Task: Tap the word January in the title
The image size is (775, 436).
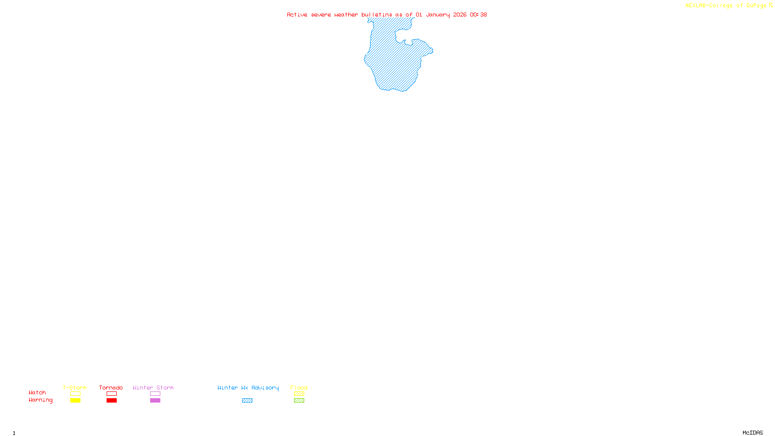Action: pyautogui.click(x=437, y=15)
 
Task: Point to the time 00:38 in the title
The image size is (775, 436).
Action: pyautogui.click(x=478, y=15)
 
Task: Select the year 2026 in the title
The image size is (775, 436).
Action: pyautogui.click(x=460, y=15)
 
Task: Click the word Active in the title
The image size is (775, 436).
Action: pyautogui.click(x=297, y=15)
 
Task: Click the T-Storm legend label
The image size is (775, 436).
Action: pyautogui.click(x=75, y=388)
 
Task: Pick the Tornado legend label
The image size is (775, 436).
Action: pyautogui.click(x=111, y=388)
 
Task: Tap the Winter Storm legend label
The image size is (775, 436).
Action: pyautogui.click(x=153, y=388)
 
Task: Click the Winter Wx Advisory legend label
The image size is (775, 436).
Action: pyautogui.click(x=248, y=388)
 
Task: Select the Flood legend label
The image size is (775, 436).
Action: pyautogui.click(x=299, y=388)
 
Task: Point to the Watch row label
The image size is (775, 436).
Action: pyautogui.click(x=37, y=392)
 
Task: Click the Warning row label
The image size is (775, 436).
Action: pyautogui.click(x=40, y=400)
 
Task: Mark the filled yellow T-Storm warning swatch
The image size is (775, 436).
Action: pyautogui.click(x=75, y=401)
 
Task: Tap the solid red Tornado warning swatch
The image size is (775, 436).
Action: pyautogui.click(x=111, y=401)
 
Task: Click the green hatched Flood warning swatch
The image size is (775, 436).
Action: pyautogui.click(x=299, y=401)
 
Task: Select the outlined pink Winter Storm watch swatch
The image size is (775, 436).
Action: pyautogui.click(x=155, y=394)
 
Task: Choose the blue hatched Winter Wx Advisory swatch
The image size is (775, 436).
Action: pyautogui.click(x=247, y=401)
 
